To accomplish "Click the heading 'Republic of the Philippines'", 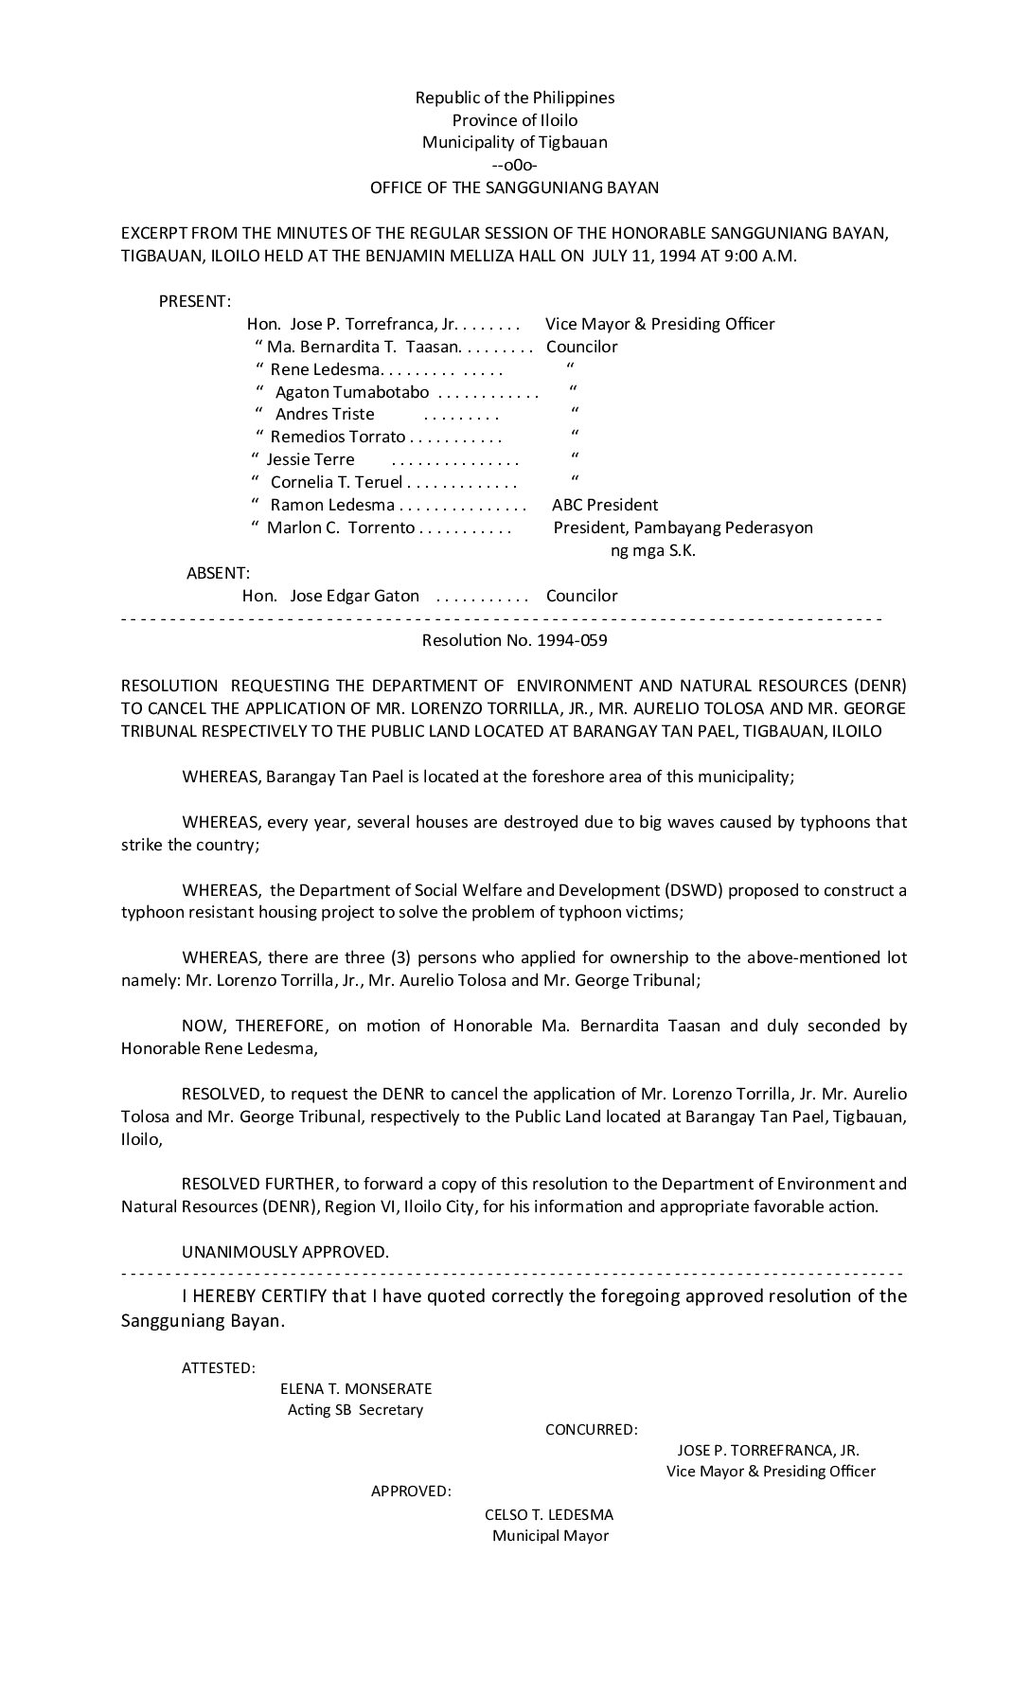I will [x=514, y=98].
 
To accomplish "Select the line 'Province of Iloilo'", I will [x=514, y=120].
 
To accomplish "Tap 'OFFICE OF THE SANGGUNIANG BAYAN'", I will [x=514, y=188].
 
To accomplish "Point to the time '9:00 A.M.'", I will [x=761, y=256].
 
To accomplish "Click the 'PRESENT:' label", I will [x=194, y=301].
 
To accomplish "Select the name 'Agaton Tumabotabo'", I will [x=352, y=392].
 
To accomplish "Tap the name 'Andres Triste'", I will [x=325, y=414].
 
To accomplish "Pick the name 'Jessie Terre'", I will [x=311, y=459].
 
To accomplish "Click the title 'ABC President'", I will [x=605, y=505].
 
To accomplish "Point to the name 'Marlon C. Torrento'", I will [x=341, y=527].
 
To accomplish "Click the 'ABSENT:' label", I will [x=218, y=573].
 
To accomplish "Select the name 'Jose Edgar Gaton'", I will [x=354, y=596].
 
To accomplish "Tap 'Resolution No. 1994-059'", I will [x=514, y=640].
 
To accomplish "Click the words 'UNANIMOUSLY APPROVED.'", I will [x=285, y=1252].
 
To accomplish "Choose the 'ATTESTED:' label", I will [x=218, y=1367].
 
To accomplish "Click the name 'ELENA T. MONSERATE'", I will [x=356, y=1388].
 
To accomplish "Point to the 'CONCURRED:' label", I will [x=591, y=1429].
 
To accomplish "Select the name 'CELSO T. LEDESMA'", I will [x=549, y=1514].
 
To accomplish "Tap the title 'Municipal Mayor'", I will [x=550, y=1535].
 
